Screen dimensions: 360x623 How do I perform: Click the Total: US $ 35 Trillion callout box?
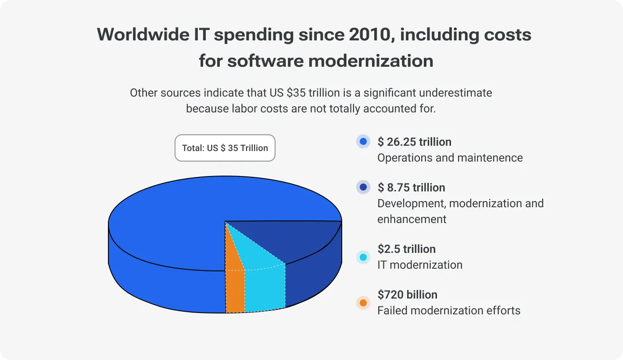pos(225,148)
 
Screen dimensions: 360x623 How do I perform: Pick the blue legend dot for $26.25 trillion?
pos(363,142)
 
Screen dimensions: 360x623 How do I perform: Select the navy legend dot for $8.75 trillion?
pos(363,187)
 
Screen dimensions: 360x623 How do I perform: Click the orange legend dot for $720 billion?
pos(363,303)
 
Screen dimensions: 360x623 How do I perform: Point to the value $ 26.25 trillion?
pos(414,142)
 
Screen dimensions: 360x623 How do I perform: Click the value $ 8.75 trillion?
pos(411,187)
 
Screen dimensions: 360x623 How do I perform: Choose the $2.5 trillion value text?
pos(406,249)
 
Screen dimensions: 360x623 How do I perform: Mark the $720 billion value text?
pos(407,295)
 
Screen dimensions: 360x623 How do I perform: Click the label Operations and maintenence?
pos(450,158)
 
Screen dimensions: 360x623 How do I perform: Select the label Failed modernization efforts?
pos(449,311)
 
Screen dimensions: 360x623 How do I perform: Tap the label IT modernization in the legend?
pos(420,265)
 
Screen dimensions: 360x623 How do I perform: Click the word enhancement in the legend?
pos(412,219)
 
